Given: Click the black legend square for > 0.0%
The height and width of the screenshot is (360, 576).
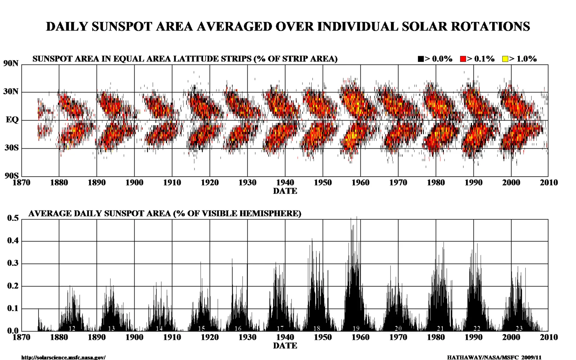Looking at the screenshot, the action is pyautogui.click(x=421, y=59).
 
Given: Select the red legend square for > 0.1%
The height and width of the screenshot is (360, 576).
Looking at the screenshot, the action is pyautogui.click(x=463, y=59).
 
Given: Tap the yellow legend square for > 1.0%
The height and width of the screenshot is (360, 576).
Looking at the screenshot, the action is pyautogui.click(x=505, y=59).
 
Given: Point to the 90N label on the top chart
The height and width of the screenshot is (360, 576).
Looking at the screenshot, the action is pyautogui.click(x=11, y=63).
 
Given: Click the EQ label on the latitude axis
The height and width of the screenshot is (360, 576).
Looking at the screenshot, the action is pyautogui.click(x=12, y=120).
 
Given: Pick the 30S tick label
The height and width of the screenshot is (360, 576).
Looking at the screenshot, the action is pyautogui.click(x=12, y=148).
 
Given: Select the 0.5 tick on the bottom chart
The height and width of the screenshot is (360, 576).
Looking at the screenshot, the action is pyautogui.click(x=13, y=218).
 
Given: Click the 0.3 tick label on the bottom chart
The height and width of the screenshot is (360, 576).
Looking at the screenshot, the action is pyautogui.click(x=13, y=263).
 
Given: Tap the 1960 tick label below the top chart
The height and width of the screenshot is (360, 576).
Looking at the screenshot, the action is pyautogui.click(x=360, y=183).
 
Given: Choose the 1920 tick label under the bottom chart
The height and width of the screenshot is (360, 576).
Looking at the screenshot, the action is pyautogui.click(x=210, y=337).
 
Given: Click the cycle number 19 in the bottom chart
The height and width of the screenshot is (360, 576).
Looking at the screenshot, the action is pyautogui.click(x=356, y=328).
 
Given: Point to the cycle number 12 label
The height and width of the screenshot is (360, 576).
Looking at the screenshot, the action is pyautogui.click(x=72, y=328).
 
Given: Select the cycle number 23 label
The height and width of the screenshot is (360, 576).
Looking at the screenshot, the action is pyautogui.click(x=519, y=328).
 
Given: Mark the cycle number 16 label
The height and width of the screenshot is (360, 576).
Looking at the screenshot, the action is pyautogui.click(x=238, y=328).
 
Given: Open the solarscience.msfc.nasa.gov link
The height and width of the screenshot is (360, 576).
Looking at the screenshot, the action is pyautogui.click(x=63, y=357).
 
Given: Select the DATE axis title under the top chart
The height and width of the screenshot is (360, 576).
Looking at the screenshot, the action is pyautogui.click(x=285, y=191).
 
